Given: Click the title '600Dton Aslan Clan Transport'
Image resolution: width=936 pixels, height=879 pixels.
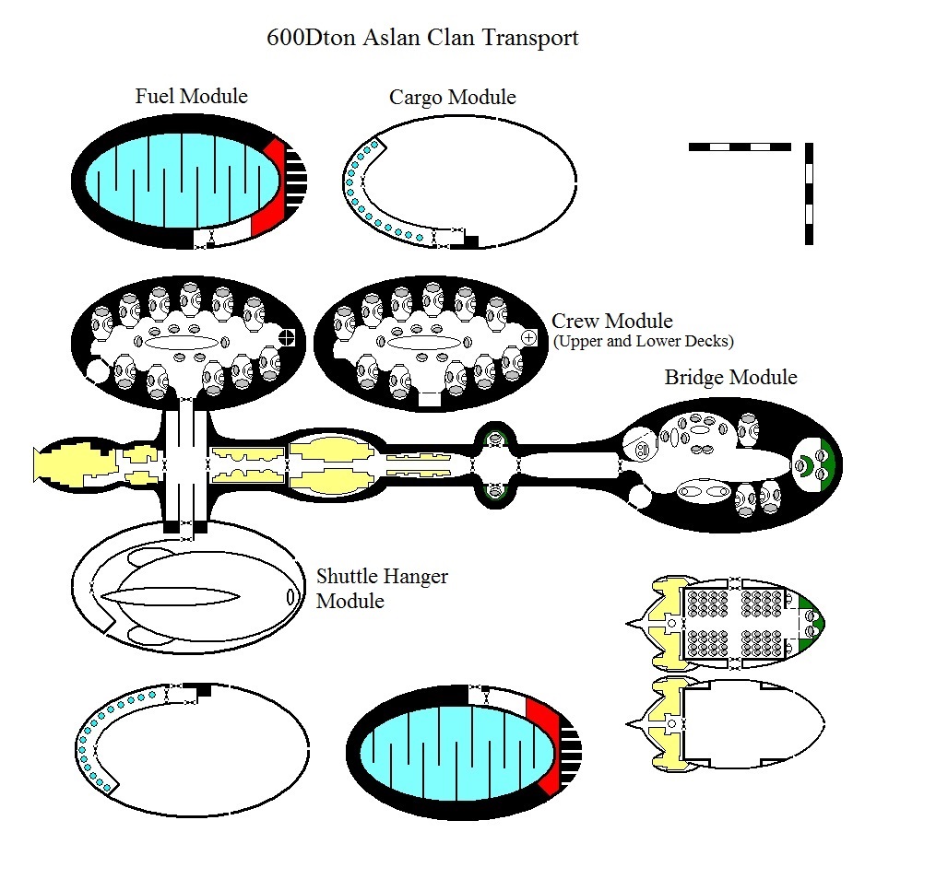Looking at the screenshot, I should pyautogui.click(x=422, y=38).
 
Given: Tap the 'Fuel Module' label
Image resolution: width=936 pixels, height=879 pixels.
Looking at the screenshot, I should pyautogui.click(x=191, y=96).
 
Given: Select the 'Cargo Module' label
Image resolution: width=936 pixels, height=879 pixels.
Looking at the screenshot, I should pyautogui.click(x=452, y=98).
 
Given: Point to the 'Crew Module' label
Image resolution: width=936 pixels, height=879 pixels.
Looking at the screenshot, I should pyautogui.click(x=611, y=322).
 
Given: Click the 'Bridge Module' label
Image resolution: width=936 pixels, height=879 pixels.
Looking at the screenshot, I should pyautogui.click(x=730, y=378).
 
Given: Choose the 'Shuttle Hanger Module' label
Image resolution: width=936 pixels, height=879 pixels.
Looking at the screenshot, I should pyautogui.click(x=382, y=589).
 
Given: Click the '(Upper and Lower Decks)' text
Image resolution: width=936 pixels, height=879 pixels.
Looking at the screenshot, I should pyautogui.click(x=643, y=342).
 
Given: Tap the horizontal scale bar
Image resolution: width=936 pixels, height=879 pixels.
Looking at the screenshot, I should pyautogui.click(x=740, y=146).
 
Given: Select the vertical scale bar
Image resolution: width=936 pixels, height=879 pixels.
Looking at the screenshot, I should pyautogui.click(x=809, y=193).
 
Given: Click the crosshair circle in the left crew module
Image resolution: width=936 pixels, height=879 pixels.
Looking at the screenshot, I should pyautogui.click(x=288, y=337).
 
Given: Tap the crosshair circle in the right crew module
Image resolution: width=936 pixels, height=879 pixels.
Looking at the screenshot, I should pyautogui.click(x=528, y=338).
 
